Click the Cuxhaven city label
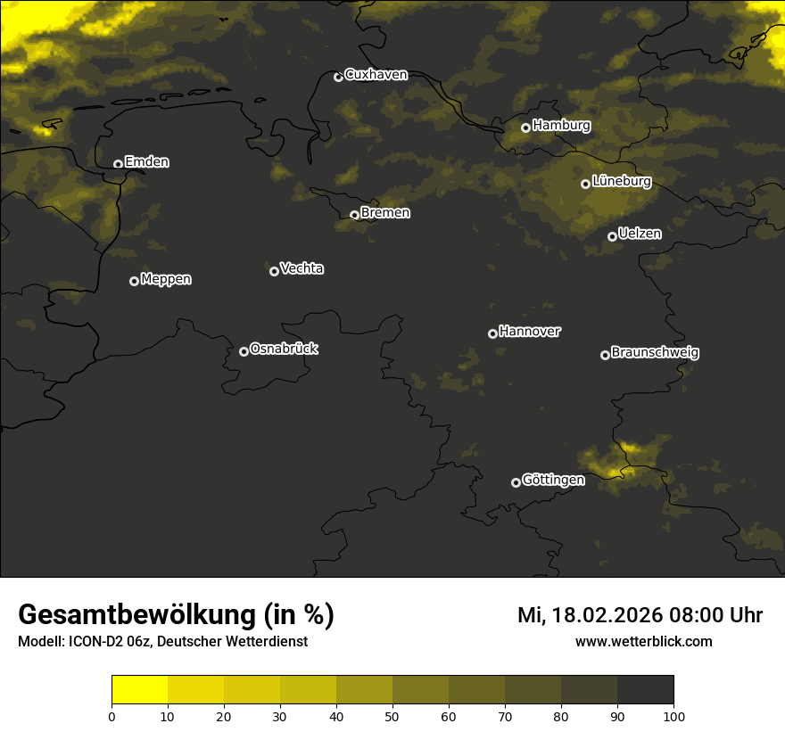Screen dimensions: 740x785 (376, 75)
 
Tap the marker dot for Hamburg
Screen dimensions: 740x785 (526, 127)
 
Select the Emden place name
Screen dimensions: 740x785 (146, 162)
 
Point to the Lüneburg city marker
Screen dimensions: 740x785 (586, 184)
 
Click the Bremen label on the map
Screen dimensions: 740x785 (385, 213)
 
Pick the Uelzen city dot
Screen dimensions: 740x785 (612, 236)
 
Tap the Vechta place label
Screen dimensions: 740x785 (302, 268)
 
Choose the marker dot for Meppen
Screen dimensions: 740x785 (134, 281)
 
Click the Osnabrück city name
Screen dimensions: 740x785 (284, 349)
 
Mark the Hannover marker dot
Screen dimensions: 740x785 (492, 333)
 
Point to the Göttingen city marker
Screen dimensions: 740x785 (516, 482)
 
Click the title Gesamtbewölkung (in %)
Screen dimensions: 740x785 (176, 615)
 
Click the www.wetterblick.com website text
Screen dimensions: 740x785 (643, 641)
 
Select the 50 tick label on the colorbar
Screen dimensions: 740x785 (392, 716)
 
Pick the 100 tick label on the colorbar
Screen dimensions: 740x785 (673, 716)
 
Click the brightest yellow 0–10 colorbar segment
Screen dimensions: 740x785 (140, 690)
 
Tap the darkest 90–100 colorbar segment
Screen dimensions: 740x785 (645, 690)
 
